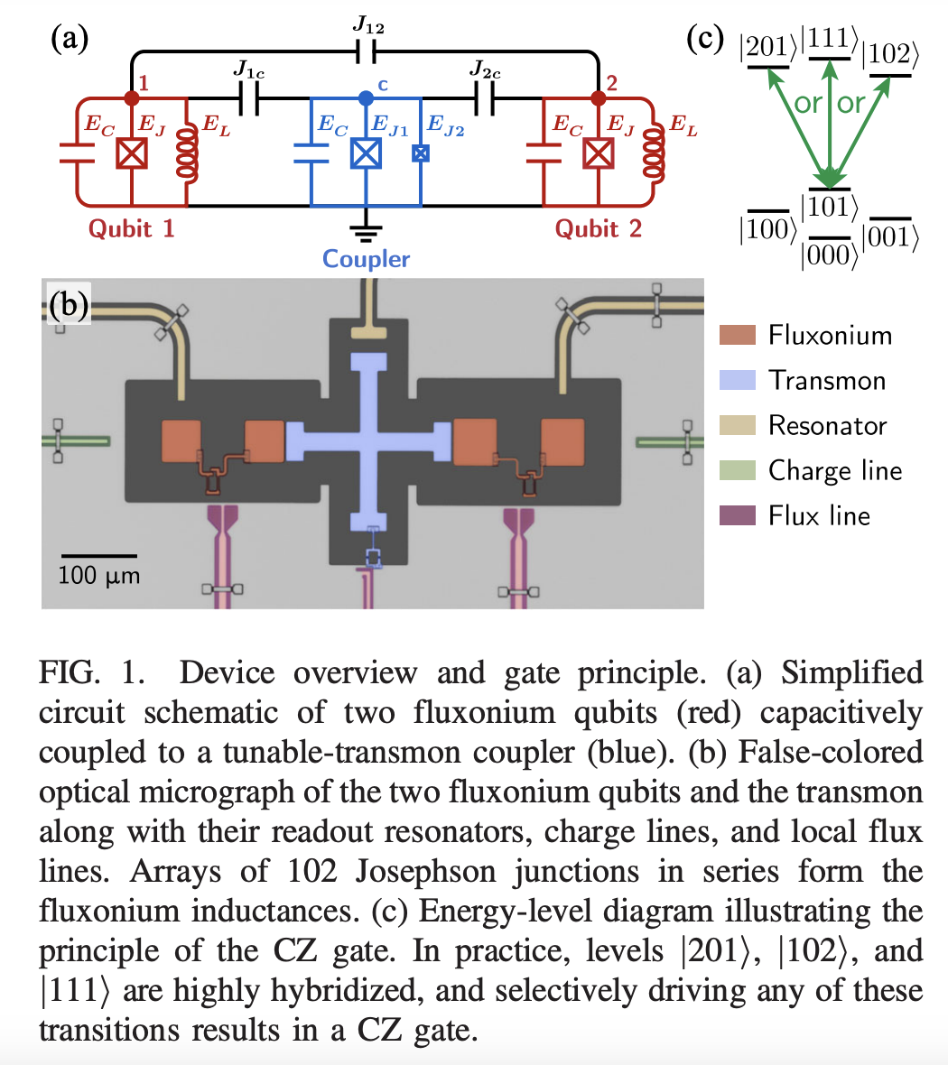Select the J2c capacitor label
click(x=485, y=69)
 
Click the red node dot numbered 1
click(x=133, y=97)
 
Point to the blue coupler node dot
click(x=365, y=97)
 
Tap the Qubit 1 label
click(x=131, y=228)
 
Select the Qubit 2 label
click(x=598, y=228)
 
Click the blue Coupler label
click(x=366, y=259)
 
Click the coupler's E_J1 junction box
click(x=365, y=154)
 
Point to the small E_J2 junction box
click(x=421, y=154)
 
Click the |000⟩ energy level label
click(x=828, y=255)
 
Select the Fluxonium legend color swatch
click(x=737, y=336)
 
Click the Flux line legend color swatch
click(x=737, y=516)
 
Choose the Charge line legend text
click(x=834, y=471)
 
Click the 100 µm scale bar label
click(x=99, y=575)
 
